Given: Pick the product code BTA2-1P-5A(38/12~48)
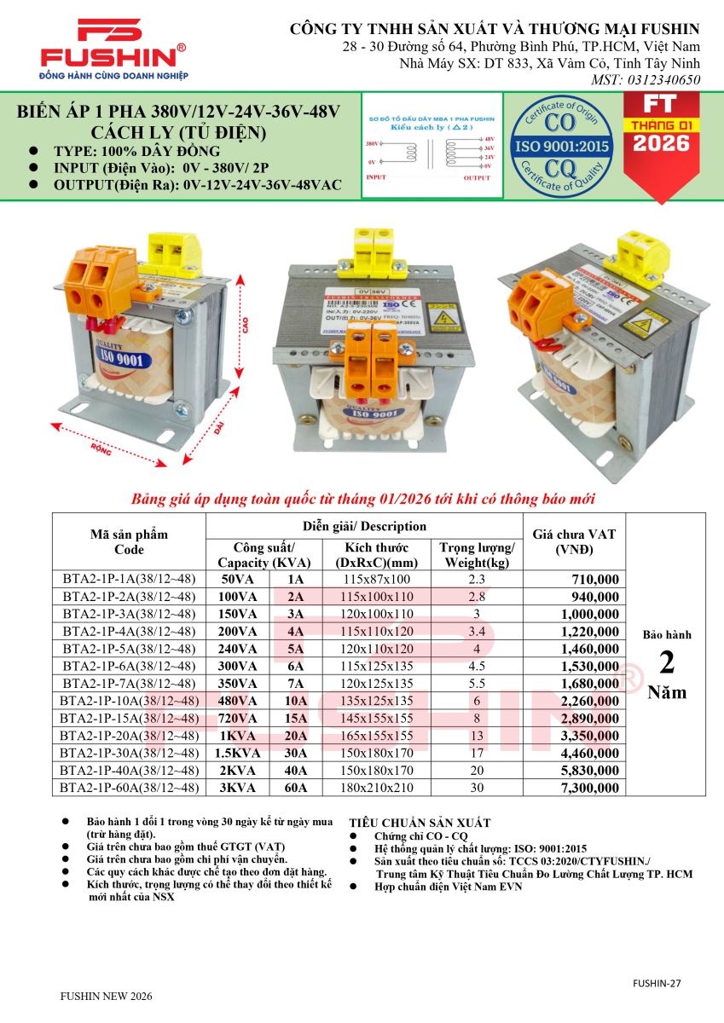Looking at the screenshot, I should pyautogui.click(x=129, y=649).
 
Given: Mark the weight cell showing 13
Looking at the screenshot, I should pyautogui.click(x=476, y=736).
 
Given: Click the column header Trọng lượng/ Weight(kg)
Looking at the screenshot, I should pyautogui.click(x=477, y=555).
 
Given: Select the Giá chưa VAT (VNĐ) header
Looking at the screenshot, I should pyautogui.click(x=573, y=541).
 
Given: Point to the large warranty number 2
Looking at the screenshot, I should pyautogui.click(x=667, y=662).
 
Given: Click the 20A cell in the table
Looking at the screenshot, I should pyautogui.click(x=296, y=736).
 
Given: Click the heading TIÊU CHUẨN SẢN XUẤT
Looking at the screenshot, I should pyautogui.click(x=420, y=823).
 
